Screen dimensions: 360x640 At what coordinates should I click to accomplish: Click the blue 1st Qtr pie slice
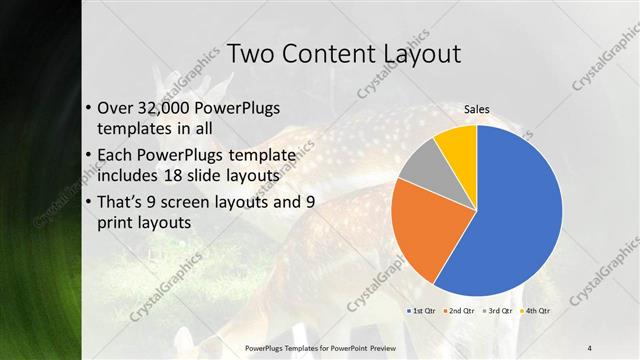(520, 220)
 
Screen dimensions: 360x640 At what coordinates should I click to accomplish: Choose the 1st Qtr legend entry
(421, 311)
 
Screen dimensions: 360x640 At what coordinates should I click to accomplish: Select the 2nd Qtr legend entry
(458, 311)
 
